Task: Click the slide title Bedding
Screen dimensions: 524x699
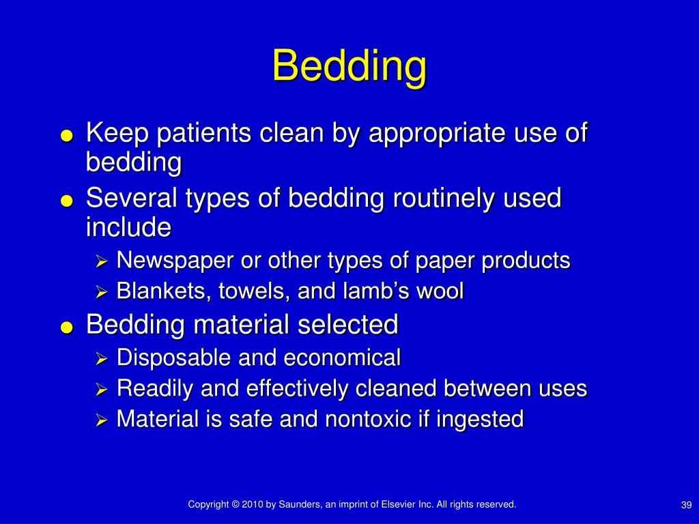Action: (349, 67)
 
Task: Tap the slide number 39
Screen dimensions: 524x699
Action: (687, 505)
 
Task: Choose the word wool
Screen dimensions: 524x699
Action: (440, 292)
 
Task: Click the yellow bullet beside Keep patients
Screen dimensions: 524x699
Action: (66, 136)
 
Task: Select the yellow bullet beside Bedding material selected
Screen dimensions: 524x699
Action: (66, 327)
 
